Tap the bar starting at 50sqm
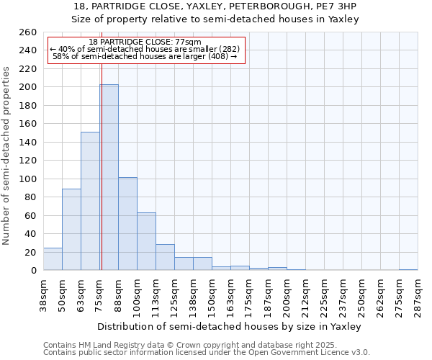(71, 229)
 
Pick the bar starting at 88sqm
(127, 223)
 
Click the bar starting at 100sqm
(146, 241)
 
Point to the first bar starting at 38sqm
(53, 259)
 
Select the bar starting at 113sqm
(165, 257)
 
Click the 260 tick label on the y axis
(28, 32)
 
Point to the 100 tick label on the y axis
(28, 179)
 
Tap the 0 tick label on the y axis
(33, 270)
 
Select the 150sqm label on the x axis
(212, 294)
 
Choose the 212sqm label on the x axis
(305, 294)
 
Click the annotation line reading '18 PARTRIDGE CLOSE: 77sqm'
(145, 42)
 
